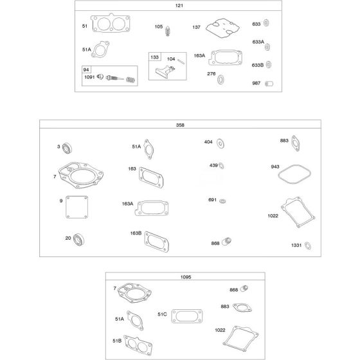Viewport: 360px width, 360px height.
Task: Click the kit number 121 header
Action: coord(179,6)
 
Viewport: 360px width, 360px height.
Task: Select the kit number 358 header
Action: coord(180,125)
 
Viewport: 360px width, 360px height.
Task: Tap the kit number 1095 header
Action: coord(186,277)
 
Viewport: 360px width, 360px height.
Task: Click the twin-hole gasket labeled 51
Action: coord(111,23)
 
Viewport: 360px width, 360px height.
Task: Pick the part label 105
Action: coord(159,26)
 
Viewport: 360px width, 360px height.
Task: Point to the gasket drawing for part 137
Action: coord(222,28)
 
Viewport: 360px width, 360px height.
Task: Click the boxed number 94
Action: coord(86,69)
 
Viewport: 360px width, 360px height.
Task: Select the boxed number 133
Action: coord(154,57)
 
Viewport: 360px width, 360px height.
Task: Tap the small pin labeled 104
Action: coord(181,62)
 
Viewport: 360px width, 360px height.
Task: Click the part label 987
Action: coord(256,83)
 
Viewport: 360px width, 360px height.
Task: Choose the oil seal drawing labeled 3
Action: coord(67,148)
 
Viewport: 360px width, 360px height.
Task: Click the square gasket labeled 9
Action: coord(76,207)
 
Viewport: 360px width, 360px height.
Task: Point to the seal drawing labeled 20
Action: coord(78,239)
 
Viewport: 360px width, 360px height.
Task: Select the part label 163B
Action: coord(136,233)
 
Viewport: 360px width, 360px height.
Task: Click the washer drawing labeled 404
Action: coord(221,144)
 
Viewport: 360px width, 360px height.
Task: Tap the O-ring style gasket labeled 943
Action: coord(294,174)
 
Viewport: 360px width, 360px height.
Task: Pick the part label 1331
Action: coord(296,245)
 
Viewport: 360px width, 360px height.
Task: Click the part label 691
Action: coord(212,200)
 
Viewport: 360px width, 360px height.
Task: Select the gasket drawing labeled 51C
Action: coord(187,316)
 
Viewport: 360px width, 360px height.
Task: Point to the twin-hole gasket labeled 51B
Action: coord(138,345)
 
